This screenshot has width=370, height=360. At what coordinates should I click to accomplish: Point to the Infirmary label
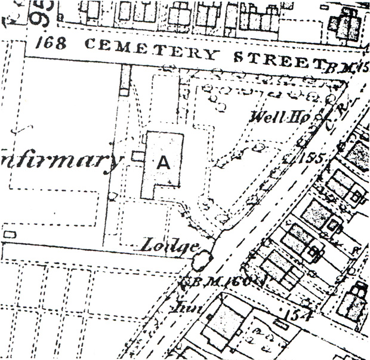60,160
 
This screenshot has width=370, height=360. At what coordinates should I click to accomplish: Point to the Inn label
179,308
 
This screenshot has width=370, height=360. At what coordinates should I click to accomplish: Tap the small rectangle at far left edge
8,235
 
